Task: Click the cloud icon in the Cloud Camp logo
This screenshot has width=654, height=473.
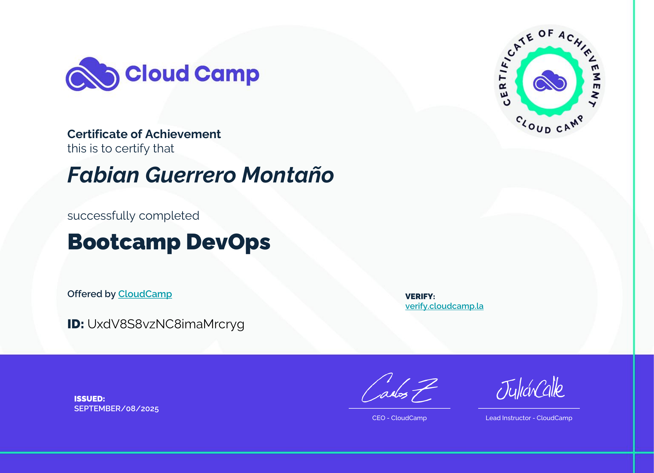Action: pos(92,74)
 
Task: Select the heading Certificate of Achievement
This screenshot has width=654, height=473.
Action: pos(144,134)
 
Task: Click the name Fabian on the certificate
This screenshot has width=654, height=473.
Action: pos(103,175)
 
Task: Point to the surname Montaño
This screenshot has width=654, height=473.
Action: pos(288,175)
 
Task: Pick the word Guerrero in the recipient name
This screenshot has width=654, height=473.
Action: pos(191,175)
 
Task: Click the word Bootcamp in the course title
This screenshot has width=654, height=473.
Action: pos(124,242)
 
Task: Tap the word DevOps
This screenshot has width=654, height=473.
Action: pos(228,242)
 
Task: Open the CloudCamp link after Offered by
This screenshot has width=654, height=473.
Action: pos(145,294)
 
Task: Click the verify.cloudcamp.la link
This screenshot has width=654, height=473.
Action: pos(444,306)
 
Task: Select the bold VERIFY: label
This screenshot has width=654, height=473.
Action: pos(420,297)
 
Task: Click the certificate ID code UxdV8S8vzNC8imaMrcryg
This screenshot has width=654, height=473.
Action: pos(166,324)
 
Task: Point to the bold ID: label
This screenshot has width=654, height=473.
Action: pos(76,324)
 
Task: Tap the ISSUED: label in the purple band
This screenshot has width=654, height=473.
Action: pos(89,399)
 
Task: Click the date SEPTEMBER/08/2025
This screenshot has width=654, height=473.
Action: pos(117,409)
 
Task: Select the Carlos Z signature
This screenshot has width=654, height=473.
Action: pos(400,388)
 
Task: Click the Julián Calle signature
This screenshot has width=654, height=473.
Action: pos(530,388)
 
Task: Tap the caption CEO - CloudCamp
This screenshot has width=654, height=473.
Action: pos(399,418)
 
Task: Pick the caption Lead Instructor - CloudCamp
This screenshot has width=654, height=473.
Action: pos(529,418)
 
